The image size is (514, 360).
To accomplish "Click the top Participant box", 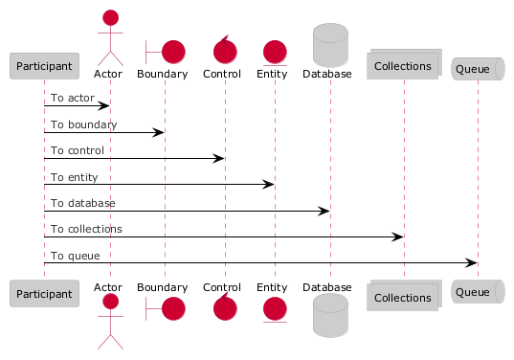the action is pyautogui.click(x=44, y=66).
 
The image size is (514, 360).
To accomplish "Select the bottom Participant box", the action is pyautogui.click(x=44, y=293).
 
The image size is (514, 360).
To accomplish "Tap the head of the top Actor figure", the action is pyautogui.click(x=110, y=17).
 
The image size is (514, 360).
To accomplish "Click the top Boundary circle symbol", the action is pyautogui.click(x=173, y=52).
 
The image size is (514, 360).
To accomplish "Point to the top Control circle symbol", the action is pyautogui.click(x=225, y=52).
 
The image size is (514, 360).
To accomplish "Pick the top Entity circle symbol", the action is pyautogui.click(x=275, y=52).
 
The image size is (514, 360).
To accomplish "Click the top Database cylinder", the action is pyautogui.click(x=330, y=45).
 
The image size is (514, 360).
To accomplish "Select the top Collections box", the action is pyautogui.click(x=404, y=64).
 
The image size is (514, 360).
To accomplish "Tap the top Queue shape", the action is pyautogui.click(x=478, y=69).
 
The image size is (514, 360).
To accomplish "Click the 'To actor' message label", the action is pyautogui.click(x=73, y=98).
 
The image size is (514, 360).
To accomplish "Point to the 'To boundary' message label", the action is pyautogui.click(x=83, y=124).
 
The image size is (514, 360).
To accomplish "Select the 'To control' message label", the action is pyautogui.click(x=78, y=150).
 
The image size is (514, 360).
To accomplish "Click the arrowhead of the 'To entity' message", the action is pyautogui.click(x=268, y=184).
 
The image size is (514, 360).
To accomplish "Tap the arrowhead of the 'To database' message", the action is pyautogui.click(x=324, y=212).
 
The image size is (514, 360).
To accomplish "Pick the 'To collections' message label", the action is pyautogui.click(x=86, y=229).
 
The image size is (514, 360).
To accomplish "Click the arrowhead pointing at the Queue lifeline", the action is pyautogui.click(x=471, y=262).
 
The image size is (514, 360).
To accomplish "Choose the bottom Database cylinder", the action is pyautogui.click(x=330, y=315).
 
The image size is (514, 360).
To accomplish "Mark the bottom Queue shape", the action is pyautogui.click(x=478, y=291).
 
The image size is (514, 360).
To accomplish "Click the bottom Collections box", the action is pyautogui.click(x=404, y=296).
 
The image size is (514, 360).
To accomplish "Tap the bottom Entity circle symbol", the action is pyautogui.click(x=275, y=309).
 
